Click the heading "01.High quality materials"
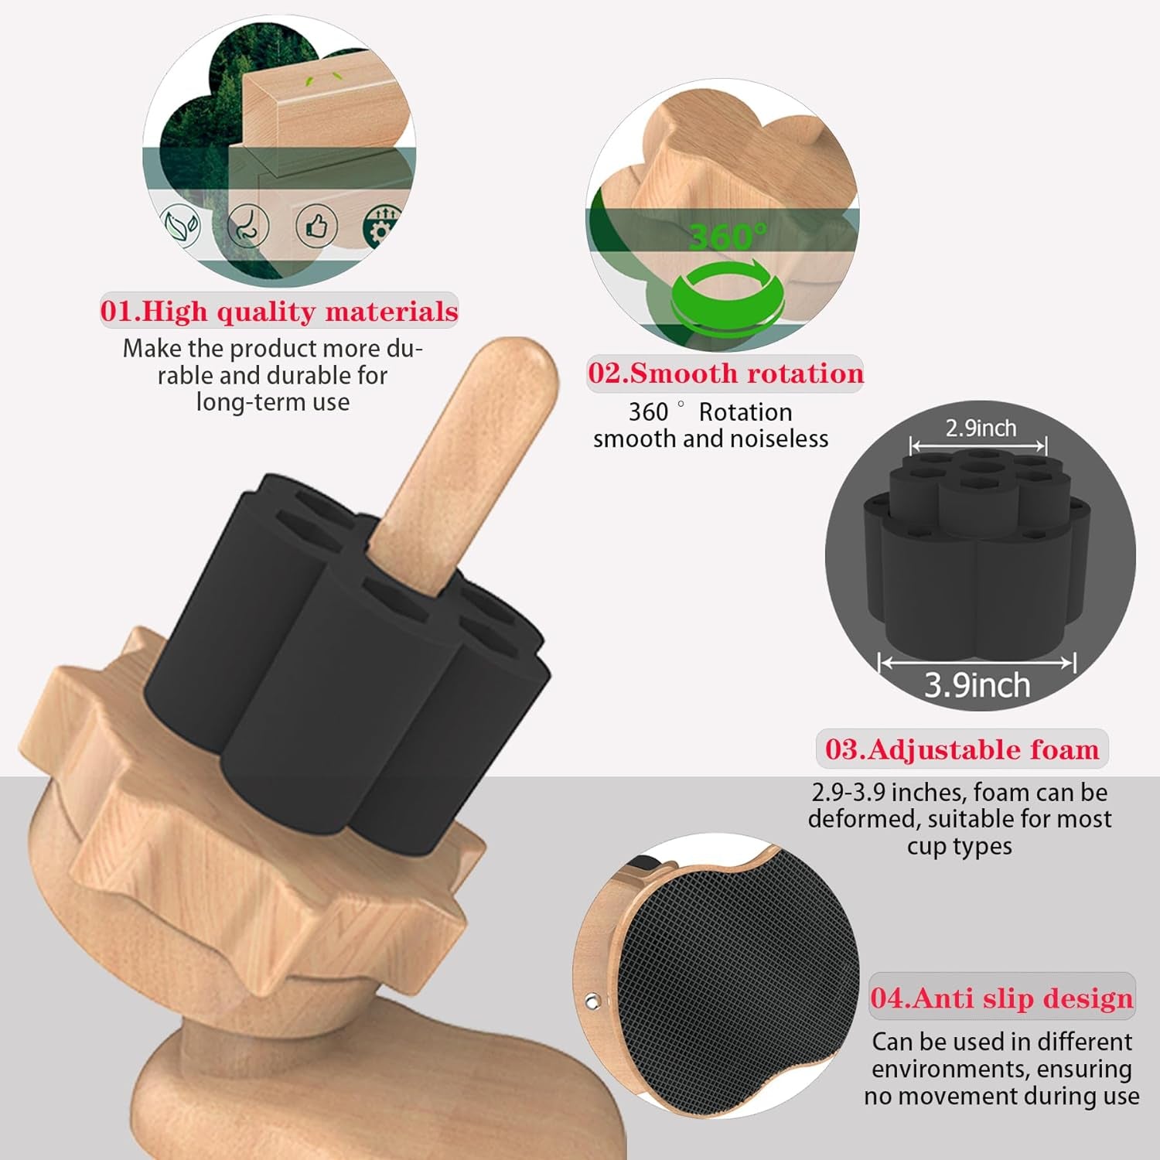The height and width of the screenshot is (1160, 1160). [x=279, y=311]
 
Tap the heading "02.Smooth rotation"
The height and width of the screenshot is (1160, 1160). [x=725, y=373]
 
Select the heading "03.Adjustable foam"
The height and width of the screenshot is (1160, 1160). [x=962, y=749]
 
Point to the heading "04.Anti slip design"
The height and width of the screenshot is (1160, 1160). [x=1001, y=998]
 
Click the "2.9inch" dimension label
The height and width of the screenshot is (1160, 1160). [x=981, y=428]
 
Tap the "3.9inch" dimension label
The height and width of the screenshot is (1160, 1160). [x=977, y=685]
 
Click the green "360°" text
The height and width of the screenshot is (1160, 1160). [x=728, y=236]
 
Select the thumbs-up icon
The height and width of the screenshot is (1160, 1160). [x=316, y=227]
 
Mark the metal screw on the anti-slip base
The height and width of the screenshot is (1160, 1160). [x=592, y=1001]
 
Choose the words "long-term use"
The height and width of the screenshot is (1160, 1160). [x=273, y=402]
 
